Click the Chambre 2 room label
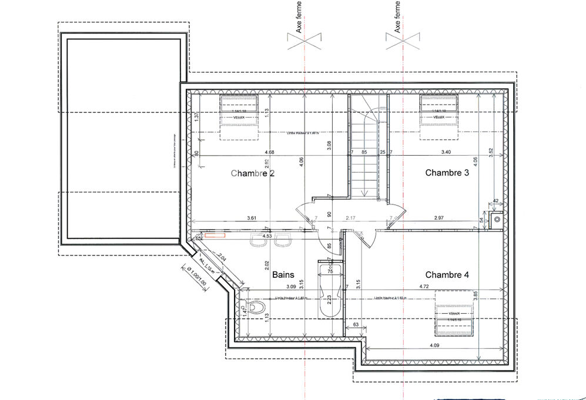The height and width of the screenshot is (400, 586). point(253,173)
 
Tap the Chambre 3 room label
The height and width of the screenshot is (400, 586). point(447,173)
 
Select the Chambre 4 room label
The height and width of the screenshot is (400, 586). point(447,274)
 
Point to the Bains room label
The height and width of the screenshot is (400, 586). point(283,274)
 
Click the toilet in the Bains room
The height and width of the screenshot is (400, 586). point(255,307)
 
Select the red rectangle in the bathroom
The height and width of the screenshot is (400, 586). point(216,236)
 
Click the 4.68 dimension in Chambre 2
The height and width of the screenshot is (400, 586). point(269,153)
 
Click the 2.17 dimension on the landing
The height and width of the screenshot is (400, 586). point(351,218)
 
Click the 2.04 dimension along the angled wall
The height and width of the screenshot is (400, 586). point(222,257)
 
